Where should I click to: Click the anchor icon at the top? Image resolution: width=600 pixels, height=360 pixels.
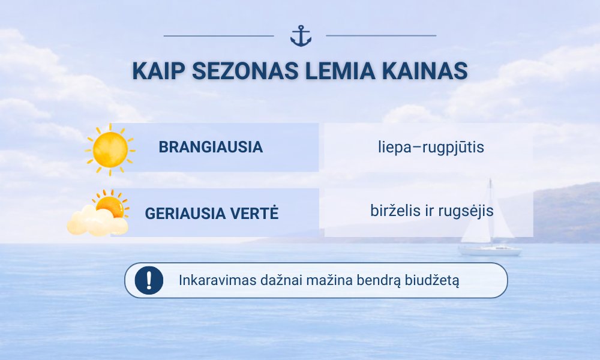pos(301,36)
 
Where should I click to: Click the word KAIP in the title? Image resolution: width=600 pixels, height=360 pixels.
pos(158,71)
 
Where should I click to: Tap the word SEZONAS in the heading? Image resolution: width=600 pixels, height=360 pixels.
pos(245,71)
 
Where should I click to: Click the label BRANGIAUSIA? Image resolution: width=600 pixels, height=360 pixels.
pos(211,147)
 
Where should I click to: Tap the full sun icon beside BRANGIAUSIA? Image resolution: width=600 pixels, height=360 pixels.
pos(110,149)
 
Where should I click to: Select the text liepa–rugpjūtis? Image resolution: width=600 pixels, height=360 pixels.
pos(431,147)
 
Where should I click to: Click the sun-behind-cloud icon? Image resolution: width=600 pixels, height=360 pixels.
pos(98,213)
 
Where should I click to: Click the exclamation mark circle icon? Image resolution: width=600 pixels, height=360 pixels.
pos(149,280)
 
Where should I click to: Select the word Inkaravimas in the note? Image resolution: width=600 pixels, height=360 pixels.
pos(217,280)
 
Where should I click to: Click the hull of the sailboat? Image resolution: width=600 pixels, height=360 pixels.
pos(490,251)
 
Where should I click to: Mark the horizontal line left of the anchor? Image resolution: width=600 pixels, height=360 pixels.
pos(219,36)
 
